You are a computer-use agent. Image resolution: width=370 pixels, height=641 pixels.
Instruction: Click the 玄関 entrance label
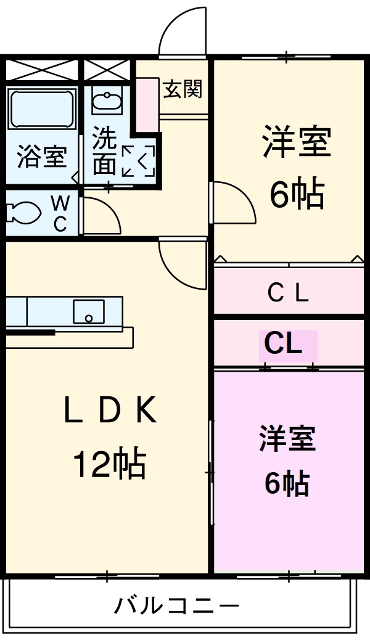click(183, 90)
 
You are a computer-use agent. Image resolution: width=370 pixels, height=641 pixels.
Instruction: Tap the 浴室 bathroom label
click(41, 157)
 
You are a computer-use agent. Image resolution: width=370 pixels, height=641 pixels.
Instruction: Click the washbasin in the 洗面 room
click(107, 100)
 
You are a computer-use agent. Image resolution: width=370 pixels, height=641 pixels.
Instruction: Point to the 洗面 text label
click(104, 152)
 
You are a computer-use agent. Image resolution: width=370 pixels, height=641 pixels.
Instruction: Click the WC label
click(60, 213)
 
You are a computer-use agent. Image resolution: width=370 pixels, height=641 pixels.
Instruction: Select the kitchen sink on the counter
click(89, 311)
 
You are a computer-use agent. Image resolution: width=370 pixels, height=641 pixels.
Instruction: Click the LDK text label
click(110, 410)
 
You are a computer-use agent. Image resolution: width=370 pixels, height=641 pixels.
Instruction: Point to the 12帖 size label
click(109, 465)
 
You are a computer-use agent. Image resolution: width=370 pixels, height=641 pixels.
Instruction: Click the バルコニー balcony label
click(176, 606)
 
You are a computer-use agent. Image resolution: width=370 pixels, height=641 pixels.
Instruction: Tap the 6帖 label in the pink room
click(287, 484)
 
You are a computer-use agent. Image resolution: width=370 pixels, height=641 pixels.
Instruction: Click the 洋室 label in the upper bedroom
click(297, 142)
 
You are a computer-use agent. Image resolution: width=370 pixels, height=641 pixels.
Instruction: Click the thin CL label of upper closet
click(288, 293)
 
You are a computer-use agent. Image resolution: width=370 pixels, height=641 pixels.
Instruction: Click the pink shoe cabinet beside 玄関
click(147, 104)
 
